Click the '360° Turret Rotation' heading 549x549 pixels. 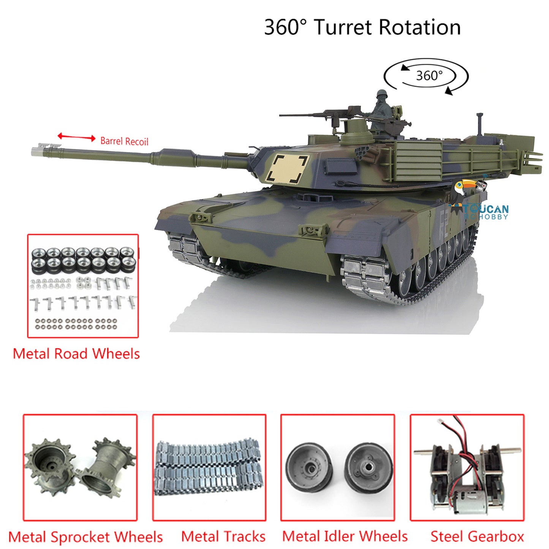point(362,27)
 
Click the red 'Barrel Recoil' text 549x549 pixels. point(124,141)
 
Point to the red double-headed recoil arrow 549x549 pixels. point(76,137)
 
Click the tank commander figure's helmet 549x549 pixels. point(382,94)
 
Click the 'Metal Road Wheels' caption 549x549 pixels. point(76,354)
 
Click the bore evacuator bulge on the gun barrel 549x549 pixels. point(173,157)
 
